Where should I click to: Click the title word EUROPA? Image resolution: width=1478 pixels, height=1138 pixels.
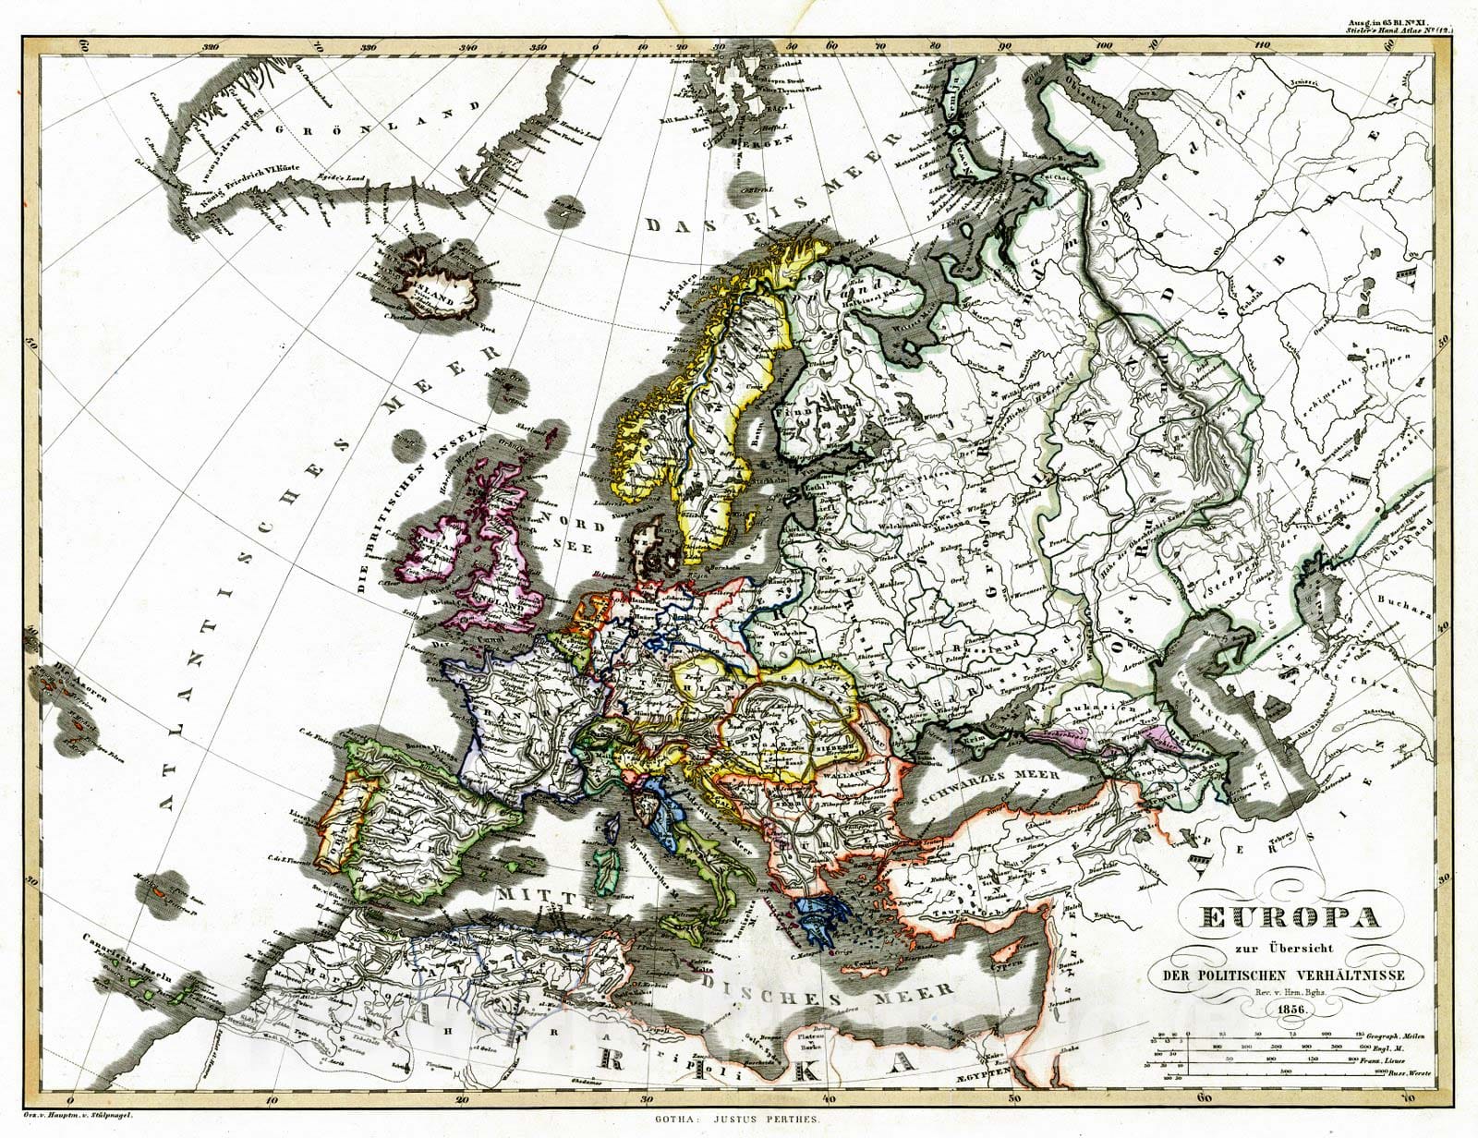point(1290,917)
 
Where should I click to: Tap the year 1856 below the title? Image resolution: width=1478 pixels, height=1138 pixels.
point(1290,1010)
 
